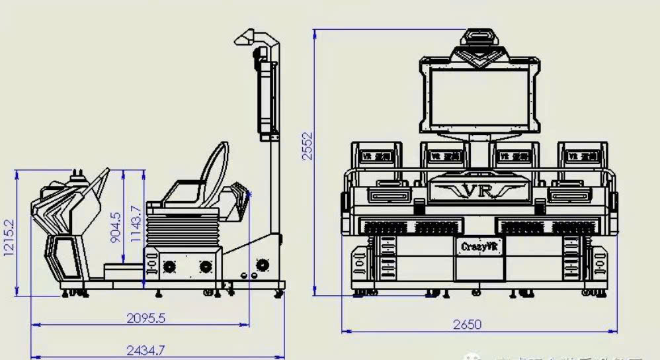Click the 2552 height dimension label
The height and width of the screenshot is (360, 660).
(306, 146)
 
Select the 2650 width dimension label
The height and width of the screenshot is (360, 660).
(467, 324)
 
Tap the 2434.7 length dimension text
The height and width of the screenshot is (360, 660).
(146, 351)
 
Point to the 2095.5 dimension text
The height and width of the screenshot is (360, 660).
(146, 318)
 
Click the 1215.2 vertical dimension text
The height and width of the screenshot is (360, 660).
(8, 240)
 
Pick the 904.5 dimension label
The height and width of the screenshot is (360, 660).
(116, 226)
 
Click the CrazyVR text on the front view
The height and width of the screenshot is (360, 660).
(479, 246)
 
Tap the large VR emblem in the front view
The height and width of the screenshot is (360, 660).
(478, 191)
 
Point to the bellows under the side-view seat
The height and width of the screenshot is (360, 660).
(182, 229)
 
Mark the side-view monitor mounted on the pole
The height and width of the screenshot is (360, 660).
(268, 99)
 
